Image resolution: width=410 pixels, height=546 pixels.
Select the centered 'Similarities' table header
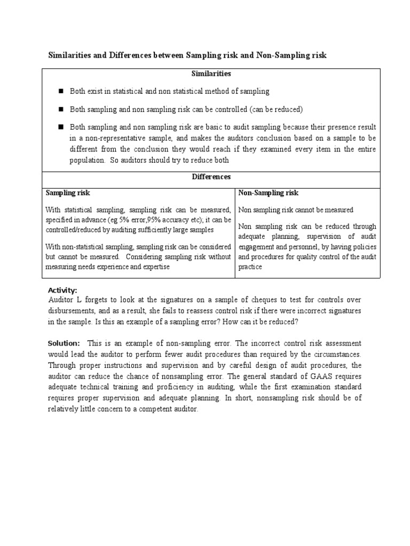(x=212, y=74)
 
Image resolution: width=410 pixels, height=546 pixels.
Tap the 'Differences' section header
(x=212, y=176)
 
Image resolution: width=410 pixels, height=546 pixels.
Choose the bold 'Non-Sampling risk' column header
(x=269, y=192)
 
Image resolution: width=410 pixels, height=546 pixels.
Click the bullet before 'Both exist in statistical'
(x=61, y=91)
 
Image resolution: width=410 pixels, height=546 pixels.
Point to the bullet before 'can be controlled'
(x=61, y=109)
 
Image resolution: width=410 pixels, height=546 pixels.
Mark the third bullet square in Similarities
(x=61, y=127)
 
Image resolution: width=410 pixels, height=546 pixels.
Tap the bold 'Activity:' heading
(x=63, y=290)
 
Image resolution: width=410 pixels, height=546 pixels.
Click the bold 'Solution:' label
(x=64, y=343)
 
